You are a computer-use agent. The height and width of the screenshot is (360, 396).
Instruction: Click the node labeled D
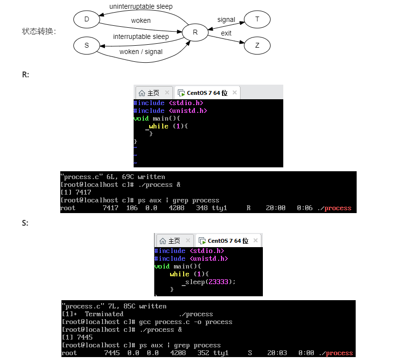(86, 19)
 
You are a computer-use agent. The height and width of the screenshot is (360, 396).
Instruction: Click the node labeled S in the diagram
(86, 46)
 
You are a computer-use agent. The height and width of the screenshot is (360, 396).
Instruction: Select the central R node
(195, 33)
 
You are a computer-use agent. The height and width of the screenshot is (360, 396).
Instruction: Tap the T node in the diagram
(257, 19)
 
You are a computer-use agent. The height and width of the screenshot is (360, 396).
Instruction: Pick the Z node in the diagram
(257, 46)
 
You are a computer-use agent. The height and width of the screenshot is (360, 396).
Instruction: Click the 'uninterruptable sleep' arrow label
(141, 6)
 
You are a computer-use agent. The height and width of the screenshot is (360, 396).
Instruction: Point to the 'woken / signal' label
(141, 52)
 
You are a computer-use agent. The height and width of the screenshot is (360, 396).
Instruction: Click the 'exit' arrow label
(226, 33)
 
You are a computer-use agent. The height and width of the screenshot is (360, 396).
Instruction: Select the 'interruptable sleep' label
(141, 36)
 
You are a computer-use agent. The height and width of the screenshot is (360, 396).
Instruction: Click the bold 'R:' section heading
(25, 75)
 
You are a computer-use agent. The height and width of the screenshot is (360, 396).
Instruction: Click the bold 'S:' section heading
(25, 223)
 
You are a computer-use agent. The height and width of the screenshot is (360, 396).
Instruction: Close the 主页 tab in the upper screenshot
(167, 92)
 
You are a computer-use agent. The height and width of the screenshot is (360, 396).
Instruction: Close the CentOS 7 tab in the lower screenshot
(256, 240)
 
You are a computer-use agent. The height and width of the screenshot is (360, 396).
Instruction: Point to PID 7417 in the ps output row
(110, 208)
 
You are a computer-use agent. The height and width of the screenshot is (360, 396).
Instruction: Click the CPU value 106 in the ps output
(132, 208)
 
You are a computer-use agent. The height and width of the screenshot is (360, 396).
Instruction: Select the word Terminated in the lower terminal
(104, 314)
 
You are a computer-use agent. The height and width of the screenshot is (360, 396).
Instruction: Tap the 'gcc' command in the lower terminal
(145, 322)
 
